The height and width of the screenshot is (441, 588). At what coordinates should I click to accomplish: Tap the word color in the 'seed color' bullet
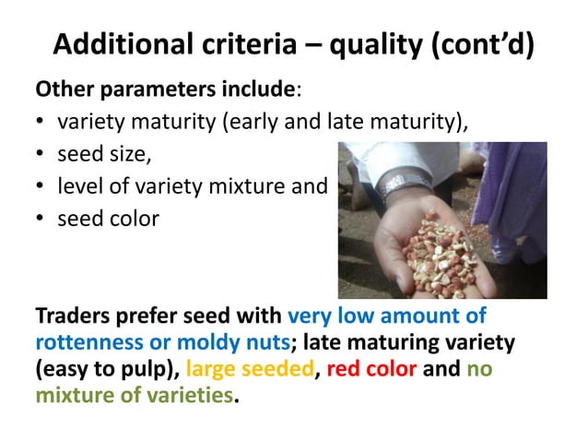(x=133, y=219)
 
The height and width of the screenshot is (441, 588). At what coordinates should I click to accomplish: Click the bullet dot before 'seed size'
(x=41, y=155)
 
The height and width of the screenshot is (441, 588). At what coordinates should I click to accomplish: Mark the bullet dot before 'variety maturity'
(x=41, y=123)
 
